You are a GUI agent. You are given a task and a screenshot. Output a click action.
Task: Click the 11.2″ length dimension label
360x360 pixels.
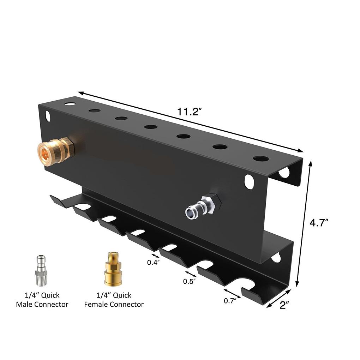(x=189, y=112)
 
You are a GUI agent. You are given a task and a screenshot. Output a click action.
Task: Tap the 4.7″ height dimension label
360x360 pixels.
(x=319, y=223)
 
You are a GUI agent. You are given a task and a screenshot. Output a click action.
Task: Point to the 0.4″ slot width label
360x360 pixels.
(x=154, y=262)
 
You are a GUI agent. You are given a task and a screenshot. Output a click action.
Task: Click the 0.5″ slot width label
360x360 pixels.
(x=190, y=281)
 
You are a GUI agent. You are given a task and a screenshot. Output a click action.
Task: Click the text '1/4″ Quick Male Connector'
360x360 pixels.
(x=42, y=300)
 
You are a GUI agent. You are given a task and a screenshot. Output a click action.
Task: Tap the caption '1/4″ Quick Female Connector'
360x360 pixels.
(x=114, y=300)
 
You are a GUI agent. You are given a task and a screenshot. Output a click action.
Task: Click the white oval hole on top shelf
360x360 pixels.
(x=70, y=104)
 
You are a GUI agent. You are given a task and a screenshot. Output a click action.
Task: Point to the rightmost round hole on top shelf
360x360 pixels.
(x=260, y=158)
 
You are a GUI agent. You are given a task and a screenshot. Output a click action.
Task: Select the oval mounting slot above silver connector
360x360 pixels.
(x=249, y=182)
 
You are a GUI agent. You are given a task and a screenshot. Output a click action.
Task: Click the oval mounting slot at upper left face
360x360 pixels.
(x=48, y=116)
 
